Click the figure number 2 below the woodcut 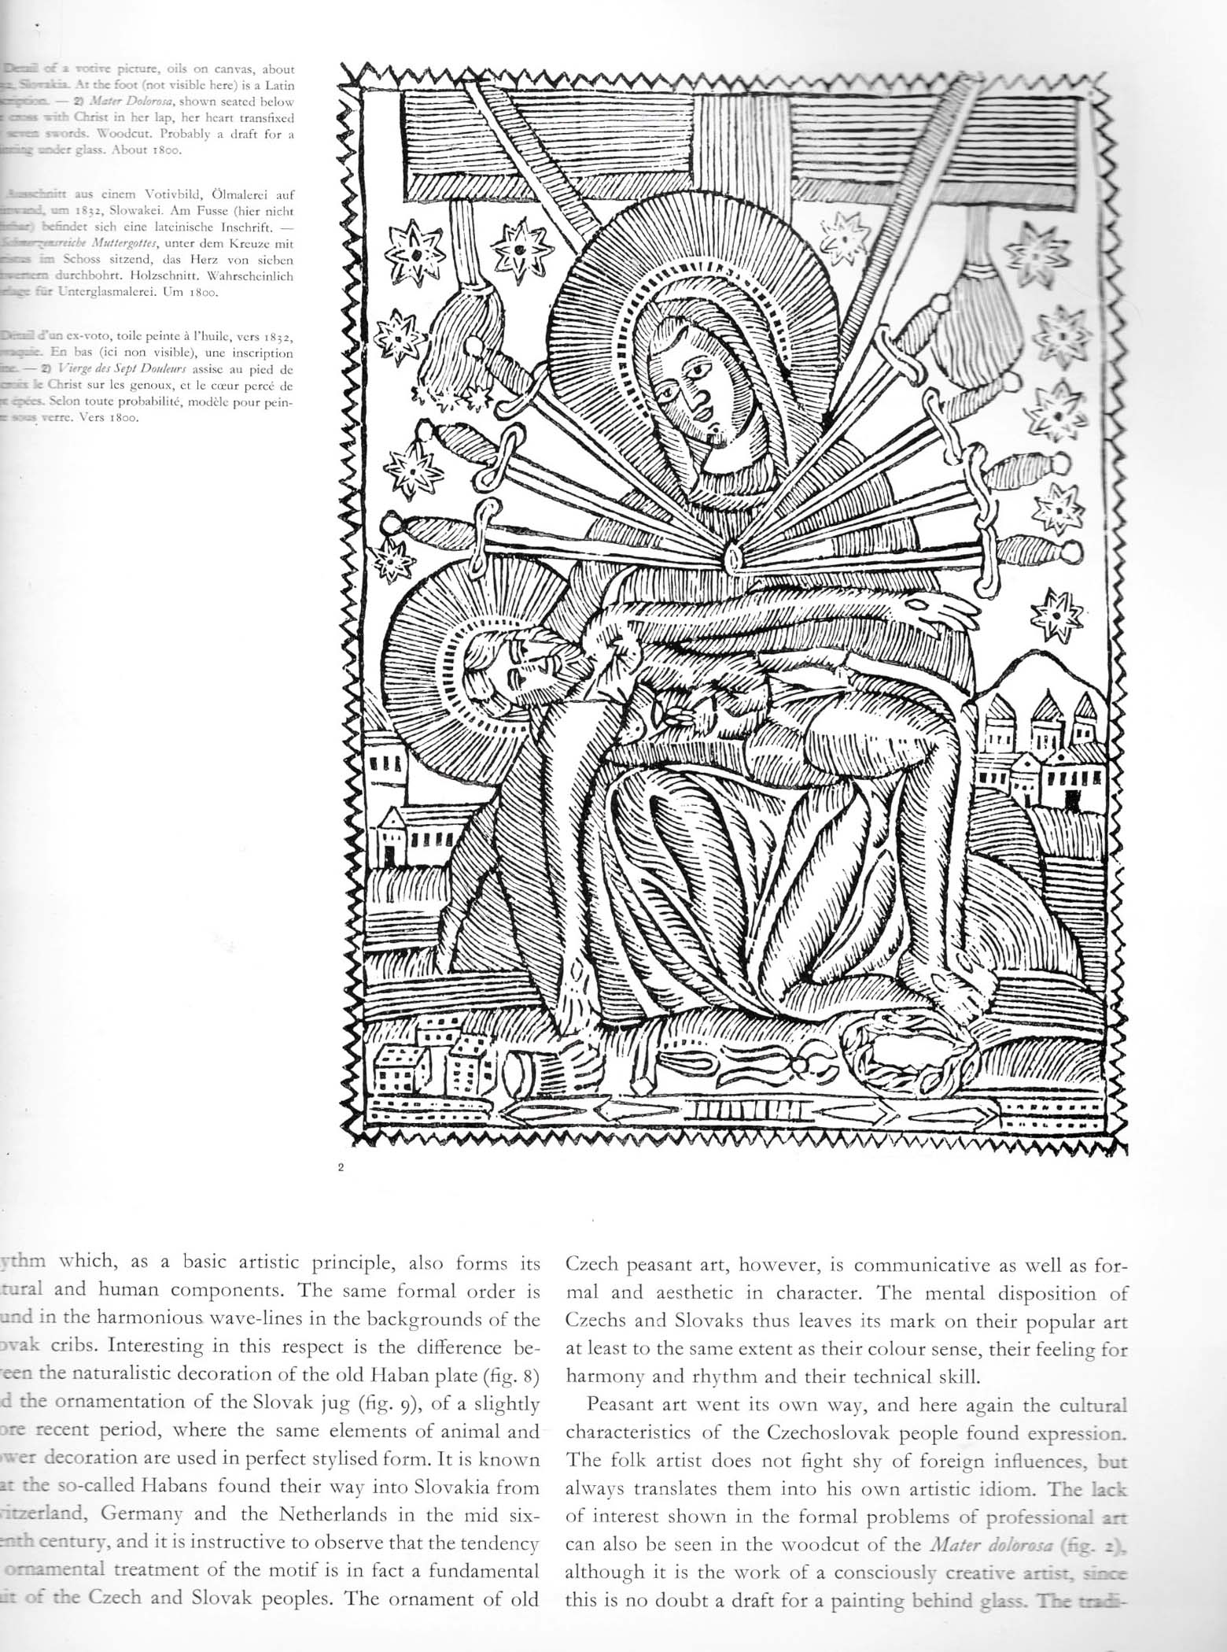[x=341, y=1167]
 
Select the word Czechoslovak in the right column [x=798, y=1432]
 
